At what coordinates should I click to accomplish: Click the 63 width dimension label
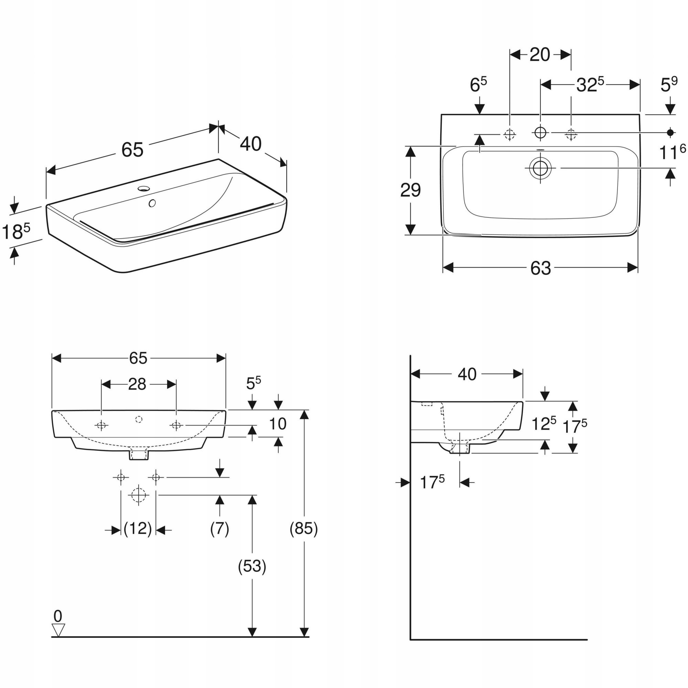coord(540,268)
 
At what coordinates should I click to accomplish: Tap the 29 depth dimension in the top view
coord(410,190)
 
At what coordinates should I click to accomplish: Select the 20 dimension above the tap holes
coord(539,55)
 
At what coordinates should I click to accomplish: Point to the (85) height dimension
coord(303,528)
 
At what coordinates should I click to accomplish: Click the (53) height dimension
coord(252,566)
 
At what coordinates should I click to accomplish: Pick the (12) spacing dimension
coord(138,528)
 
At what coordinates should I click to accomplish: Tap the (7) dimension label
coord(219,528)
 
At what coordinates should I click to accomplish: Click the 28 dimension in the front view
coord(137,384)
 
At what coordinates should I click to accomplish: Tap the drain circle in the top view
coord(540,168)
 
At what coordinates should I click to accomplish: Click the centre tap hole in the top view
coord(540,132)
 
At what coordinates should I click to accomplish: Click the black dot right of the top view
coord(670,132)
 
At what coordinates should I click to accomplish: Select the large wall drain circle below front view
coord(139,495)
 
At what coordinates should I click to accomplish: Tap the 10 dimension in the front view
coord(278,424)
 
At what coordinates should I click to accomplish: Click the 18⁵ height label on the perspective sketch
coord(16,232)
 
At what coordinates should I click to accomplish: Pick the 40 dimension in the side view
coord(467,374)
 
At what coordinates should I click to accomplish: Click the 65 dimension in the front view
coord(138,358)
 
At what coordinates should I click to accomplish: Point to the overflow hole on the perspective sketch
coord(152,203)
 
